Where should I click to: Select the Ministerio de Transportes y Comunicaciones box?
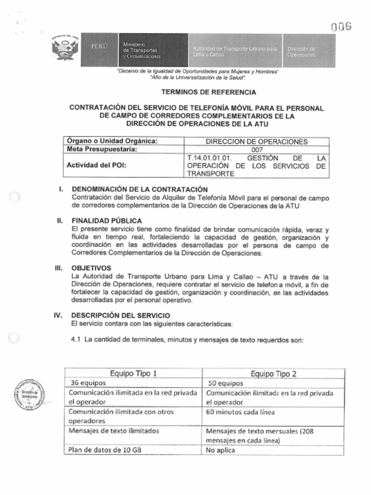coord(153,50)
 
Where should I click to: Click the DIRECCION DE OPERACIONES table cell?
coord(257,142)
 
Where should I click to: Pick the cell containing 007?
coord(257,150)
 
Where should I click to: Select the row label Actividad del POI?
coord(99,166)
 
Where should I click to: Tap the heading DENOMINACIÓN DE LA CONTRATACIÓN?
coord(140,189)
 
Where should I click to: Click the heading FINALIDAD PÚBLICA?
coord(107,221)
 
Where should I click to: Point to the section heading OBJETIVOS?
coord(91,268)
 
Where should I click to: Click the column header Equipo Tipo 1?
coord(133,373)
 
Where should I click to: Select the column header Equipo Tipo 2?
coord(273,374)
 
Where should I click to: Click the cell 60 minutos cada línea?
coord(240,412)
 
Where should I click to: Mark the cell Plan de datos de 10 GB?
coord(105,450)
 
